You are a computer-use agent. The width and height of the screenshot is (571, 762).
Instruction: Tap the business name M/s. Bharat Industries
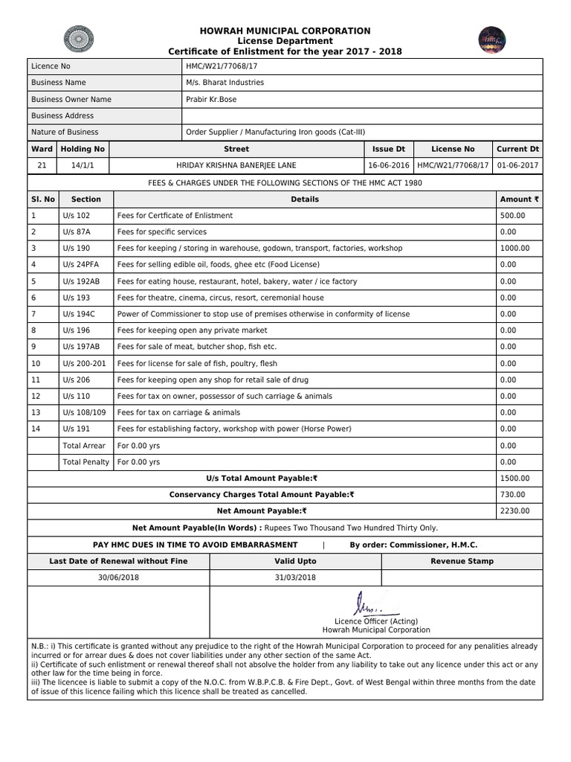225,83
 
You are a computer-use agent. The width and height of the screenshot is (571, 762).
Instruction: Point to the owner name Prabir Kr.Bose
212,99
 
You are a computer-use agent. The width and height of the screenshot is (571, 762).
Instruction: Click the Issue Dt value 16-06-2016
389,165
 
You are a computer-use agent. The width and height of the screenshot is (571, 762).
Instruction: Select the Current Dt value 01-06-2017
517,165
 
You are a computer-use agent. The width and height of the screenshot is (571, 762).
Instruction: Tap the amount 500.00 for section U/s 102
512,215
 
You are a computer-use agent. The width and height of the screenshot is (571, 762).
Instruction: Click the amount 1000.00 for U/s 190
514,248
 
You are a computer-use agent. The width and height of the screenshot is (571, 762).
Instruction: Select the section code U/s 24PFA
82,264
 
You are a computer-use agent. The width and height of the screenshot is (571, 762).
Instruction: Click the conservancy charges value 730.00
512,494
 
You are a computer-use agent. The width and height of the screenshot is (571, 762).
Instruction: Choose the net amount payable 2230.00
514,510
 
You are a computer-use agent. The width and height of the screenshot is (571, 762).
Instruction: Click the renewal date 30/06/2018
118,577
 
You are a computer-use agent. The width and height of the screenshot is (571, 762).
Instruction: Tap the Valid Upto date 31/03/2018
295,577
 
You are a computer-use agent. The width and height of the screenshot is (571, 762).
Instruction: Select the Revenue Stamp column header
462,561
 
